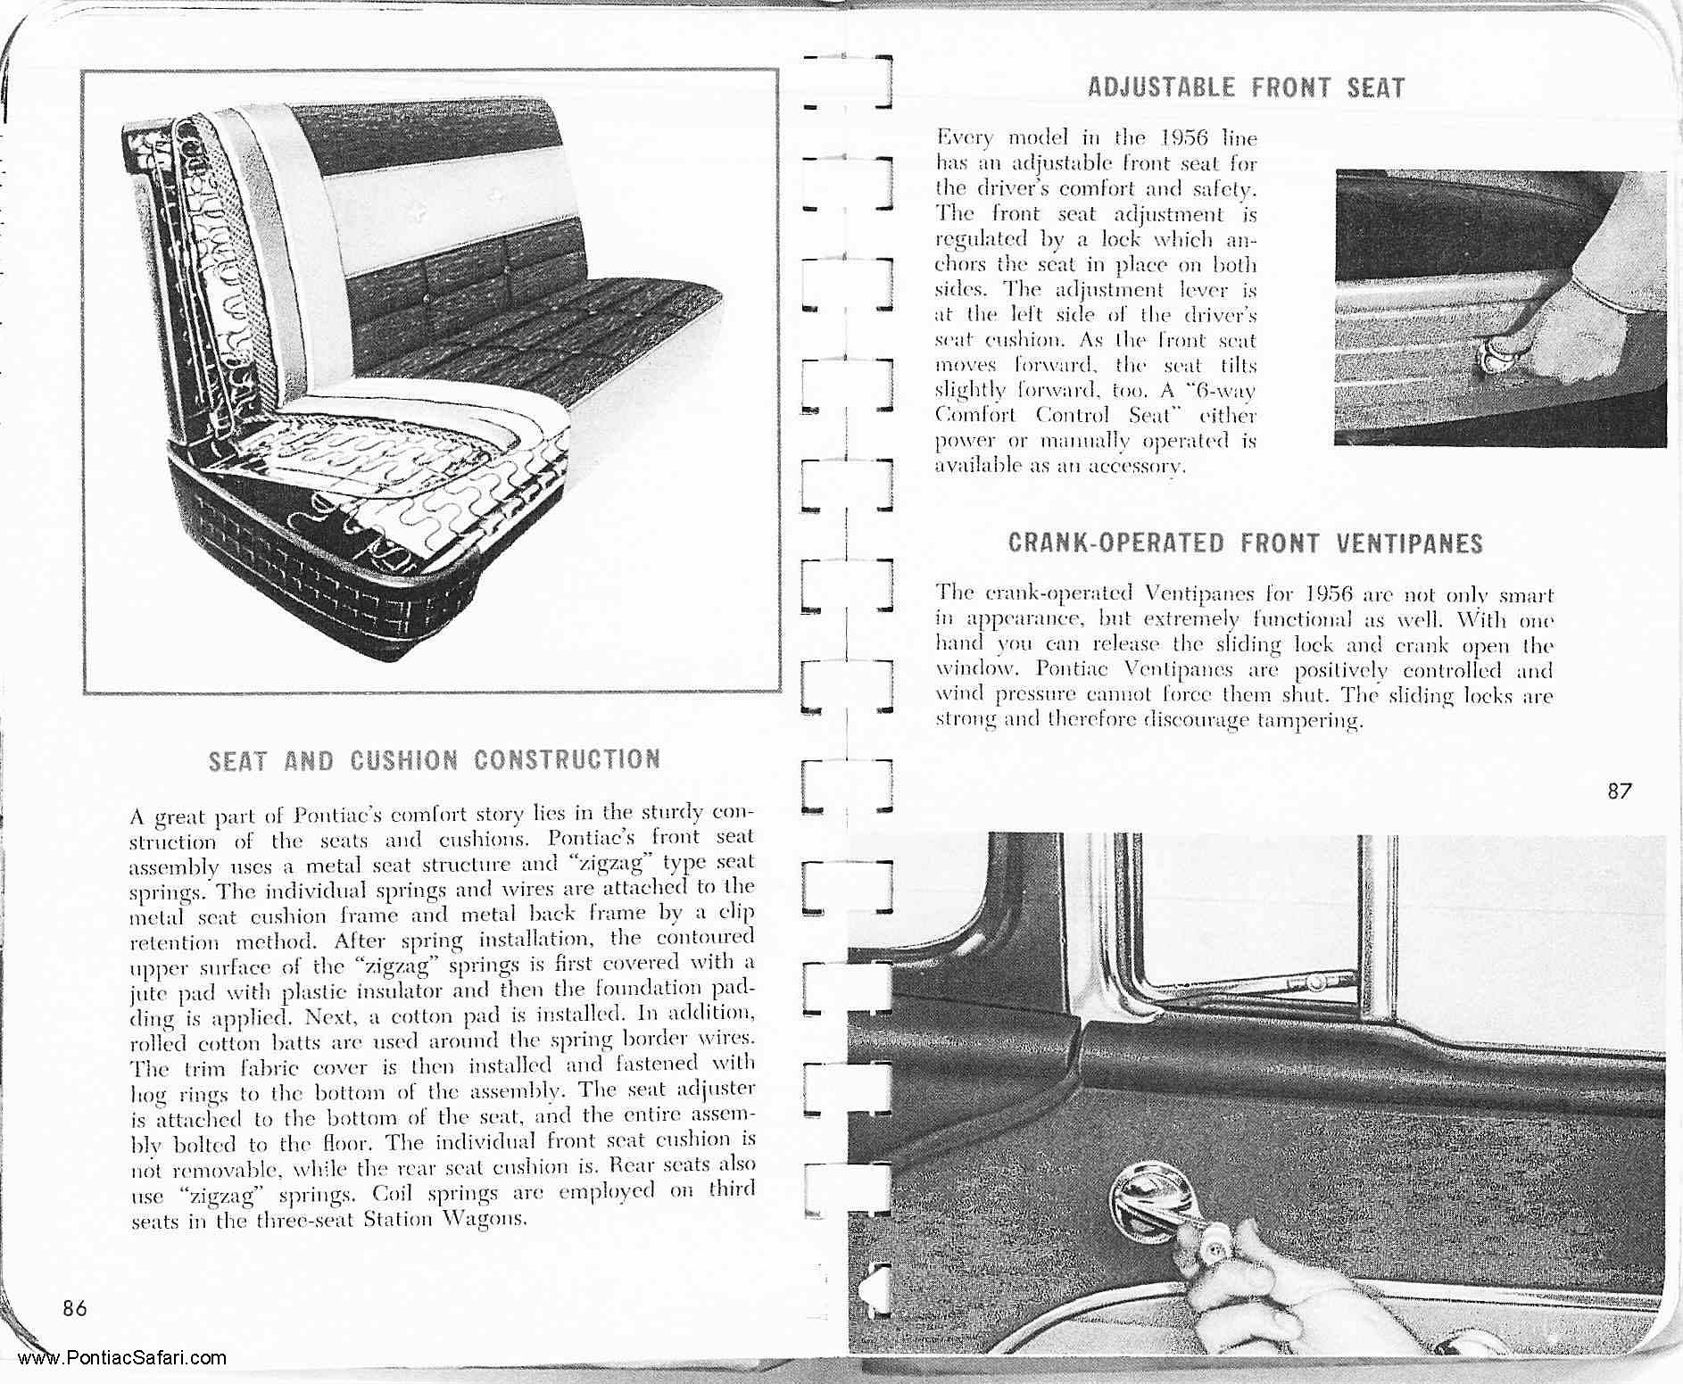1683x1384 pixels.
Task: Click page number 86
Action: click(75, 1308)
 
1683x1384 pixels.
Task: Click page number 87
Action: click(1620, 791)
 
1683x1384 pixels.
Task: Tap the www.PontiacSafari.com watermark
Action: click(121, 1359)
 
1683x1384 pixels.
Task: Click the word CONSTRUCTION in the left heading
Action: click(568, 759)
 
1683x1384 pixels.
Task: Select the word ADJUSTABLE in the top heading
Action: click(1161, 87)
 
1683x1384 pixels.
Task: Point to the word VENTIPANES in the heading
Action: click(1410, 543)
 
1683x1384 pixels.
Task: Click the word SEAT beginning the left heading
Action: click(236, 760)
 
